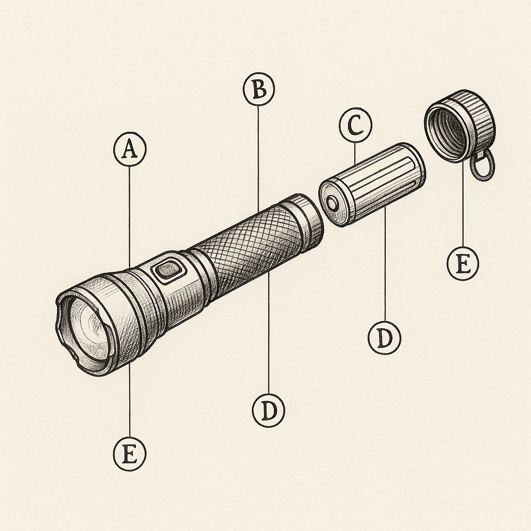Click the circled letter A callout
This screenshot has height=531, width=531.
point(130,150)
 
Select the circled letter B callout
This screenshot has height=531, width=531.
point(259,90)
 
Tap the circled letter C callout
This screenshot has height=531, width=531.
point(355,126)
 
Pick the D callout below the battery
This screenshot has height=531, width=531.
point(384,338)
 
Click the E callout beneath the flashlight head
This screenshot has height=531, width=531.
point(130,454)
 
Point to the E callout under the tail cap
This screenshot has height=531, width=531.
point(463,264)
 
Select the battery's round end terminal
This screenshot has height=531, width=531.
point(332,202)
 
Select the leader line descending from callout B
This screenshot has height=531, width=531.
point(259,156)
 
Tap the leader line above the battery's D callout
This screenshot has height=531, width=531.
point(385,270)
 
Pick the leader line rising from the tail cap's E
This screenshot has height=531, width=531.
point(463,207)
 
